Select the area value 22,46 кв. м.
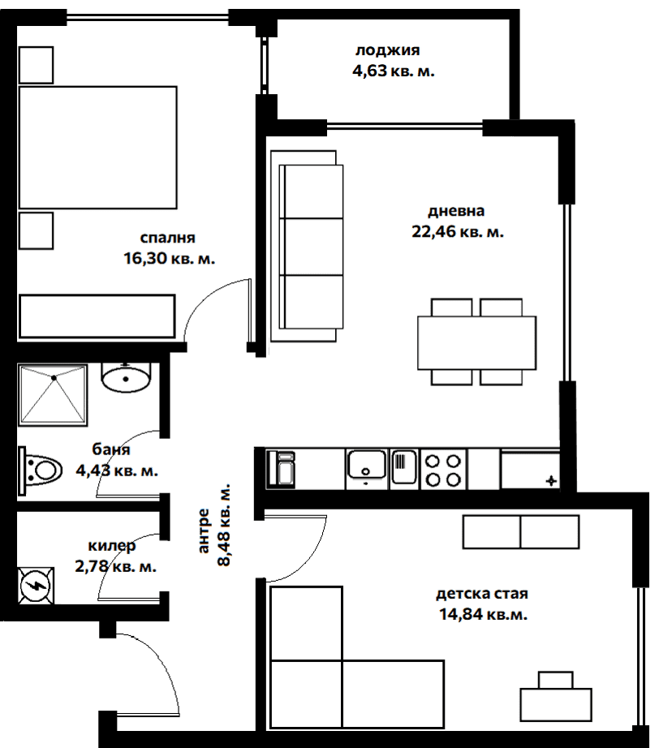click(459, 234)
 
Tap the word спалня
click(168, 239)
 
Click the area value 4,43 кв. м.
click(116, 470)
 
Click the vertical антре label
click(205, 531)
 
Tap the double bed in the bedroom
click(97, 149)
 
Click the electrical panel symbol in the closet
click(36, 584)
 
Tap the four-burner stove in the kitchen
click(444, 470)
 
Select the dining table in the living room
click(476, 342)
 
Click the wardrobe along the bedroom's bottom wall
click(97, 316)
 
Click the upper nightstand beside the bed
click(36, 65)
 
